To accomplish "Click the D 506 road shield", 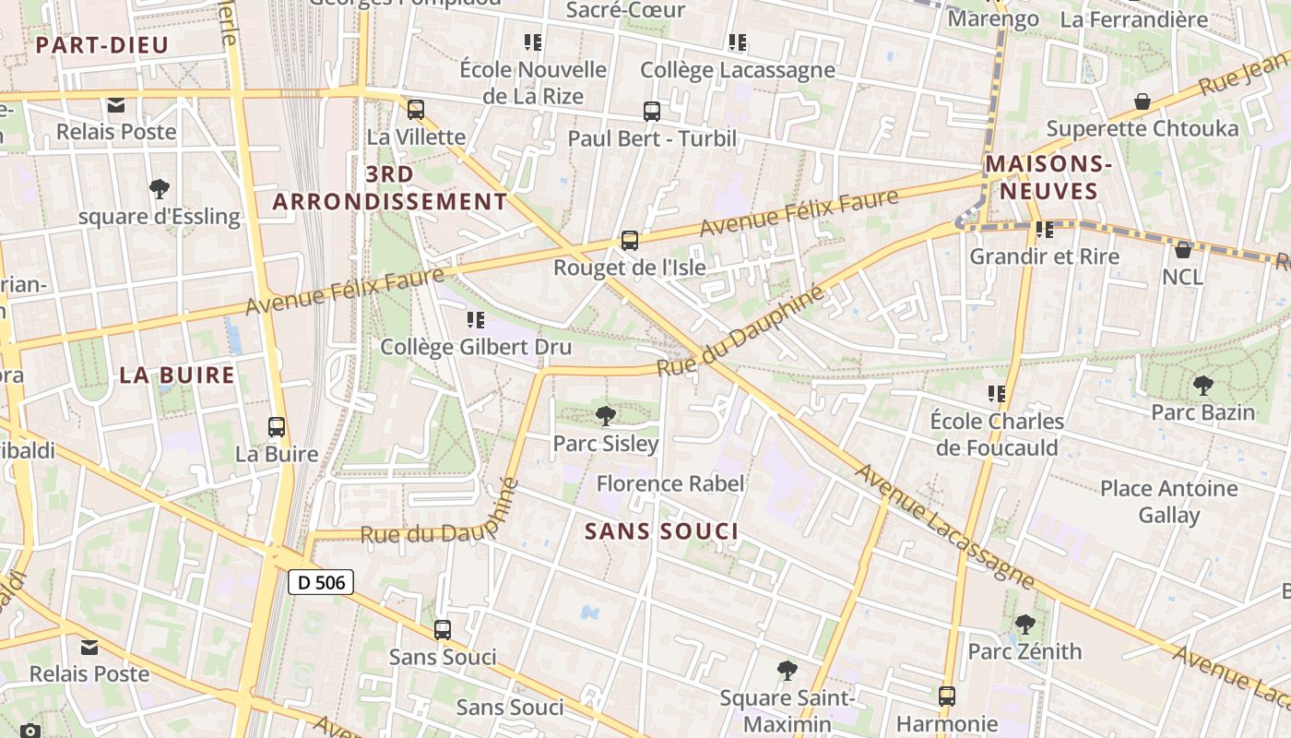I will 321,582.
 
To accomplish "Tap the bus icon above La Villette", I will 416,110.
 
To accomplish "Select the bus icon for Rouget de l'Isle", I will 630,241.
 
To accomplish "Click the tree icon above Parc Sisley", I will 606,416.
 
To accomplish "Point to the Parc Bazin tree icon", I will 1202,386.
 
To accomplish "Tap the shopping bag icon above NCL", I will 1183,250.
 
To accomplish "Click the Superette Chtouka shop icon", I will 1143,101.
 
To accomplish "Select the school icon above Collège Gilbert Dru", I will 476,320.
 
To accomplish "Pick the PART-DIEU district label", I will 101,45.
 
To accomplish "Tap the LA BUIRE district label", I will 177,375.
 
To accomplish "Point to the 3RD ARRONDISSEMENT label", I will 390,187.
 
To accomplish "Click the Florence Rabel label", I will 670,483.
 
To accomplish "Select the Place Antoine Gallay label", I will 1169,502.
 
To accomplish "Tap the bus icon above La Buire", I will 277,427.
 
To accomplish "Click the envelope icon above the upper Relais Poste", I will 116,105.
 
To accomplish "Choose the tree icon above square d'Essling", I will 160,190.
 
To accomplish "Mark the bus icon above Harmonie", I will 947,696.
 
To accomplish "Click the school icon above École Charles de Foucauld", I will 996,394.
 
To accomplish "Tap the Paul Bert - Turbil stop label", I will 652,139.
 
